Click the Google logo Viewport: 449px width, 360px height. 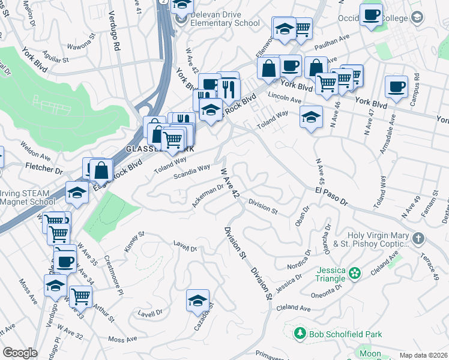click(20, 353)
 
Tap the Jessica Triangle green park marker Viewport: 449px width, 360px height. click(355, 273)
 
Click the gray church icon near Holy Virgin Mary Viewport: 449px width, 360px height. click(418, 239)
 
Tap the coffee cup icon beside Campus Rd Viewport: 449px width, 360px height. click(396, 86)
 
